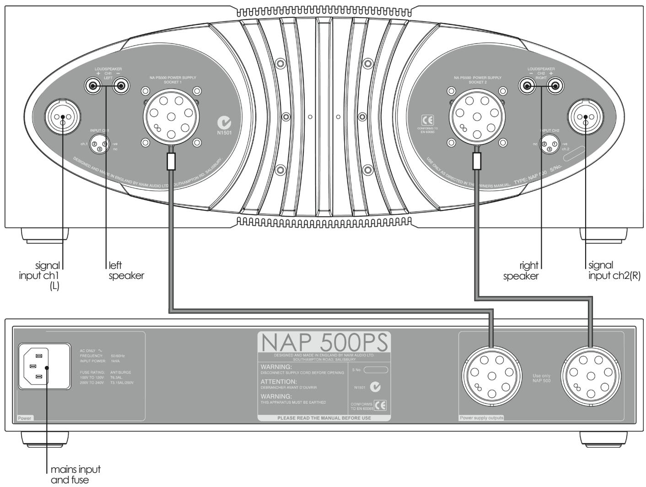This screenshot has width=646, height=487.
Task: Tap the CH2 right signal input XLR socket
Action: (x=586, y=118)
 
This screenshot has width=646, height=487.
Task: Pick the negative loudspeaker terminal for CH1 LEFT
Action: (x=120, y=85)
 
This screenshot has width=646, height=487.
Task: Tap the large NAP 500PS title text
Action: (x=323, y=342)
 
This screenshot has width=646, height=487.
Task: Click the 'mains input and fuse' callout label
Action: (x=75, y=475)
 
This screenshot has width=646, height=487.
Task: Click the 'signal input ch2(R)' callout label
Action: (x=614, y=270)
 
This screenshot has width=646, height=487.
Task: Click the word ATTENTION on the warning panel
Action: (x=279, y=381)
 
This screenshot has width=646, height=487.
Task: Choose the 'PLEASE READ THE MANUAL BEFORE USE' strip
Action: (x=324, y=417)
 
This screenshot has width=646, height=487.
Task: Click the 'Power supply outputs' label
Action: (x=480, y=418)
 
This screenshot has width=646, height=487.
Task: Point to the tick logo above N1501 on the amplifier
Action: (x=225, y=123)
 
